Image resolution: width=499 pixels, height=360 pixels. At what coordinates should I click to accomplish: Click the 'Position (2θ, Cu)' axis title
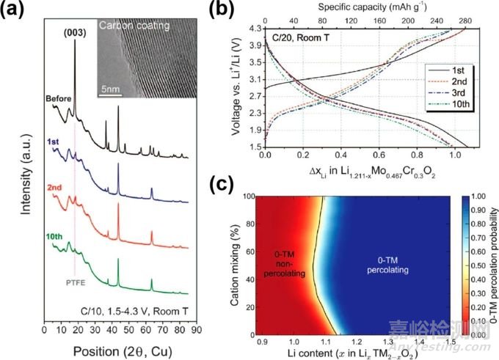click(x=120, y=348)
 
